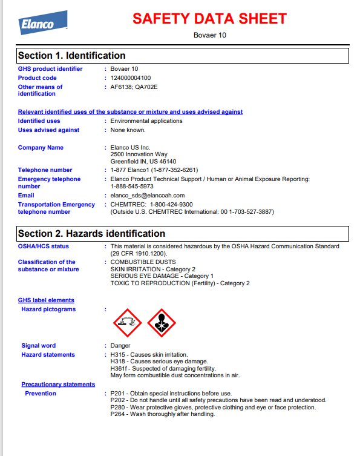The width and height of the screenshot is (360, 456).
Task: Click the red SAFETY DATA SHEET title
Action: coord(209,19)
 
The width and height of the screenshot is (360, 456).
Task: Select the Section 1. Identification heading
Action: coord(72,56)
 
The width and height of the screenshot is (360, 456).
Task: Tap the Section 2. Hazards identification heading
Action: coord(91,234)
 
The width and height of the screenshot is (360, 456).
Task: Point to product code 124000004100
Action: coord(131,78)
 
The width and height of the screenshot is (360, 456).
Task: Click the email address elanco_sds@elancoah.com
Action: coord(148,196)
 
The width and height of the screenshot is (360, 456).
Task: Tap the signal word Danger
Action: coord(120,346)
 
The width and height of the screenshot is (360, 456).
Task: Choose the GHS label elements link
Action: coord(46,300)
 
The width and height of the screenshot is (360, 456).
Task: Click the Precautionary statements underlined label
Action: coord(58,385)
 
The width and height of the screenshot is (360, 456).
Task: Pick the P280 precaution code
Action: coord(117,408)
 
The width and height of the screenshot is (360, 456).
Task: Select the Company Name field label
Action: coord(41,148)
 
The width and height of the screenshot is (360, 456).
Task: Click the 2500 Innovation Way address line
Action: coord(139,155)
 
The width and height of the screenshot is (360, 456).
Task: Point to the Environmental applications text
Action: coord(146,121)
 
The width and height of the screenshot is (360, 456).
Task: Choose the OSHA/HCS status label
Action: coord(44,246)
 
